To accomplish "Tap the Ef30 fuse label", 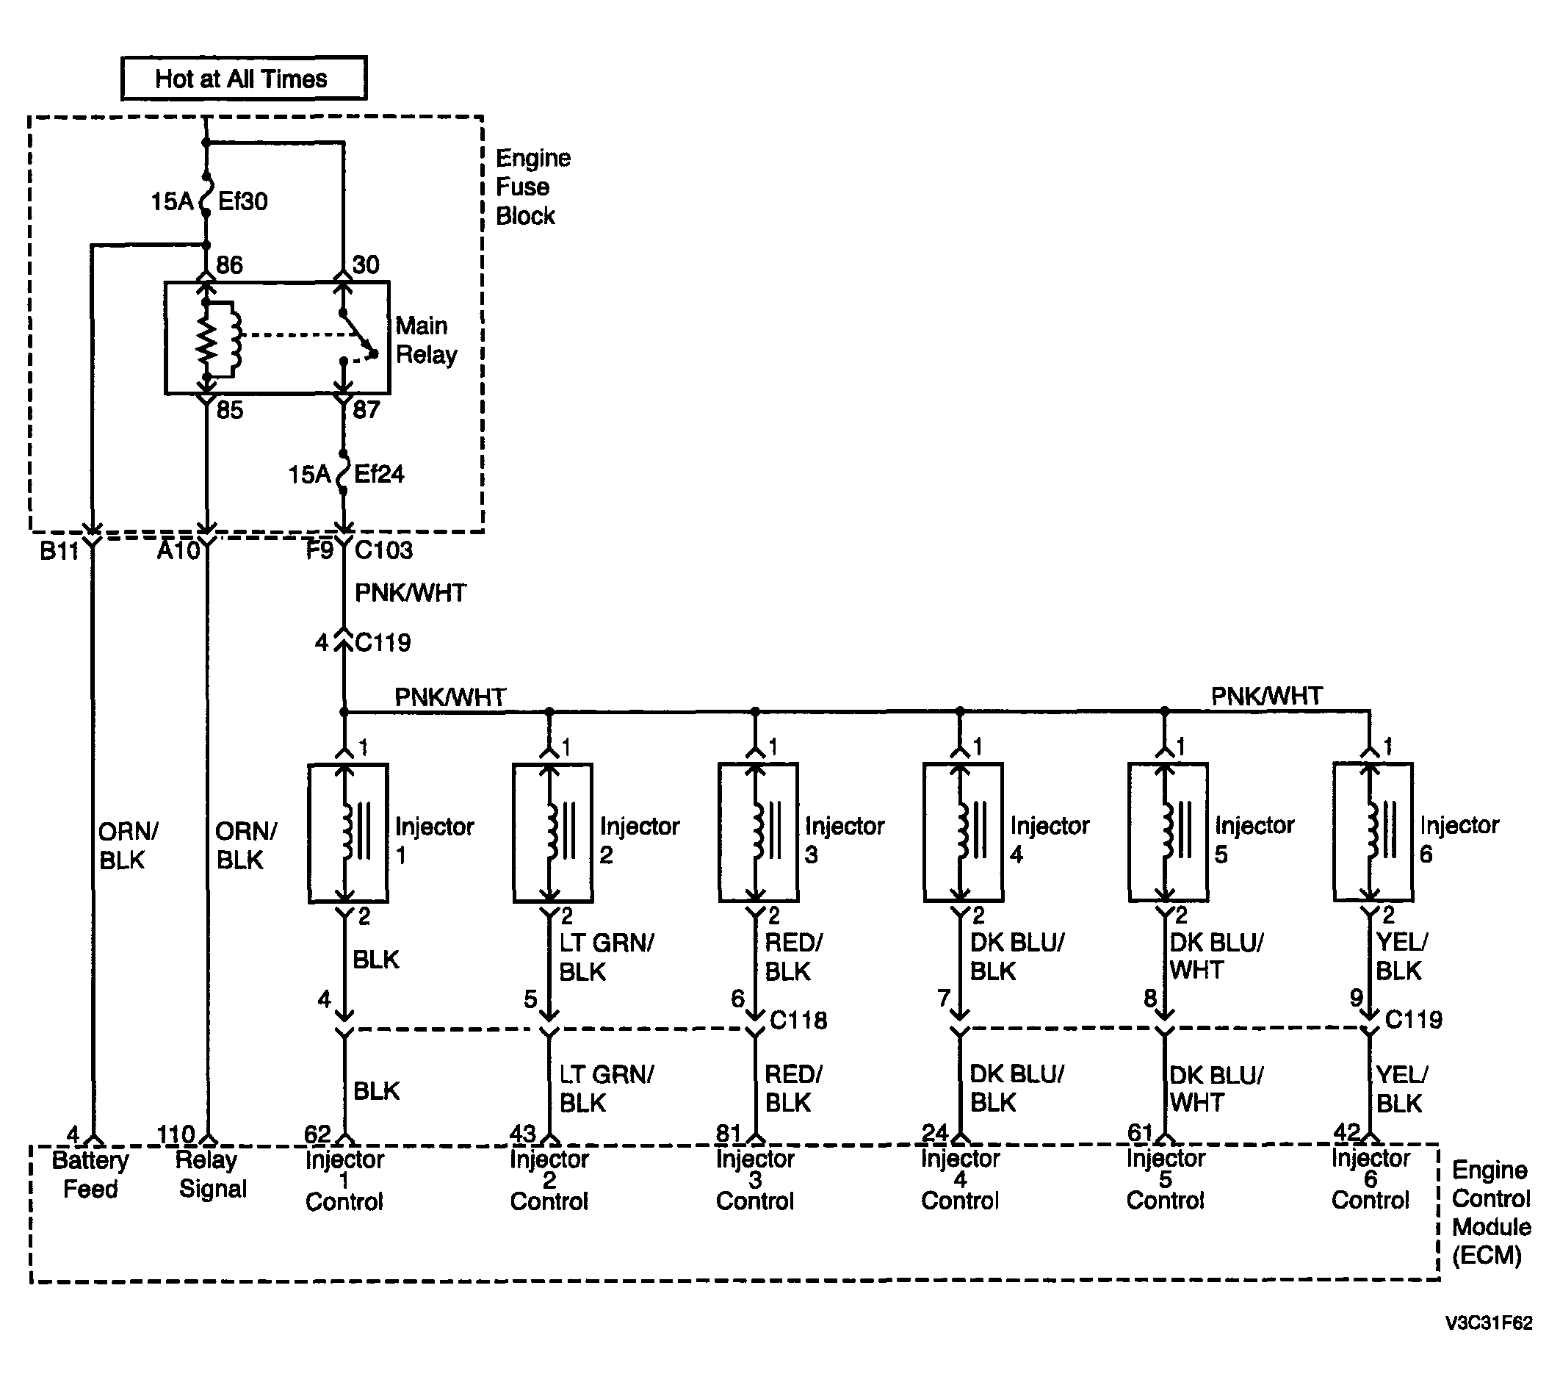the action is [242, 201].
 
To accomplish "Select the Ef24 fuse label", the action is [378, 474].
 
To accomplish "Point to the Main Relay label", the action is [426, 339].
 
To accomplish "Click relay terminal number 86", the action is [229, 265].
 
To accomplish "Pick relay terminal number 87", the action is [366, 410].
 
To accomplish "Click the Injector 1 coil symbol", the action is [348, 833].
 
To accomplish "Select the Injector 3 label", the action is [844, 840].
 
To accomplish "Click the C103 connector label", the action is [384, 550].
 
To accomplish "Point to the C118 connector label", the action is [798, 1020].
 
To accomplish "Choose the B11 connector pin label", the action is [59, 550].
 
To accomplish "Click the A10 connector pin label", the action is [178, 550].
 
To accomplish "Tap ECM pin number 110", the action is [176, 1134].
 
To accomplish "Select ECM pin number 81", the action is [729, 1134].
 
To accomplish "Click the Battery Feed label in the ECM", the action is [90, 1175].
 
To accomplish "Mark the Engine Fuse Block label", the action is [532, 187].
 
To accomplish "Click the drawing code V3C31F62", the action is [1488, 1323].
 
